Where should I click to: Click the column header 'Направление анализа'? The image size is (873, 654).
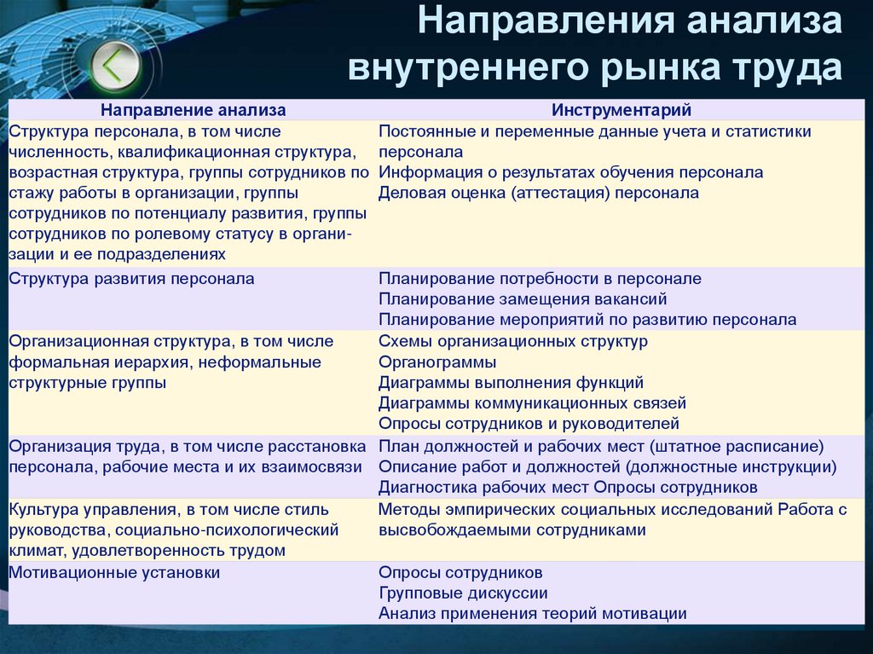click(x=194, y=110)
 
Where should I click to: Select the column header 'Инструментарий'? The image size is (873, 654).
click(x=621, y=110)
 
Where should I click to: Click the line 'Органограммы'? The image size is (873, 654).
click(x=437, y=362)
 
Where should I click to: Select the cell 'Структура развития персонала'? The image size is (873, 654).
click(x=131, y=279)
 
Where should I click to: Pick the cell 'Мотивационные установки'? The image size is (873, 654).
click(x=114, y=573)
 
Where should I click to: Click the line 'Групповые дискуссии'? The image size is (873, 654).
click(x=463, y=593)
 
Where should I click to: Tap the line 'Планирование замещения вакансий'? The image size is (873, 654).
click(x=523, y=299)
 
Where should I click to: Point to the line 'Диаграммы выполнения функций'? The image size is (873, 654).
click(x=511, y=382)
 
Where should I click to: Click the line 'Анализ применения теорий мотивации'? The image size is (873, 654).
click(x=533, y=614)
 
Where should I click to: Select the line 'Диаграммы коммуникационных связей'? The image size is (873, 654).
click(x=532, y=402)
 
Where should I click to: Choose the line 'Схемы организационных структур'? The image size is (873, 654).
click(x=513, y=341)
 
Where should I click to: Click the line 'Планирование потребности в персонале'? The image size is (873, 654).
click(x=540, y=279)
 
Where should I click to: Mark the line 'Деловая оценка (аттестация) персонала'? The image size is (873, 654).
click(x=539, y=193)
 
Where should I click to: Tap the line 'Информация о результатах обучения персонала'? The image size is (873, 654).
click(x=570, y=172)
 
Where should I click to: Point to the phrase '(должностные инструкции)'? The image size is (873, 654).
click(x=731, y=466)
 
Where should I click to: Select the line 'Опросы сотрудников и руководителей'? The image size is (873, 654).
click(x=529, y=423)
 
